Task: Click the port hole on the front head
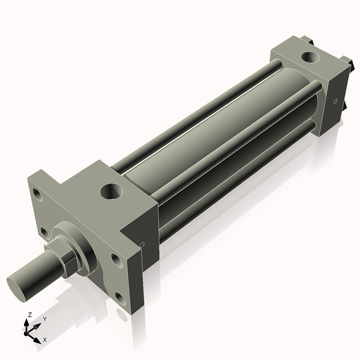pyautogui.click(x=111, y=192)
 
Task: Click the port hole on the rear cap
pyautogui.click(x=311, y=58)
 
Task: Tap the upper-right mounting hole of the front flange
pyautogui.click(x=115, y=259)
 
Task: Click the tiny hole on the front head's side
pyautogui.click(x=142, y=244)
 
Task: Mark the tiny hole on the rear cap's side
pyautogui.click(x=335, y=100)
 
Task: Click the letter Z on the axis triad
pyautogui.click(x=30, y=314)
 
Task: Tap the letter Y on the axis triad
pyautogui.click(x=44, y=319)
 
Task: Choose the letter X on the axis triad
pyautogui.click(x=45, y=340)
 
